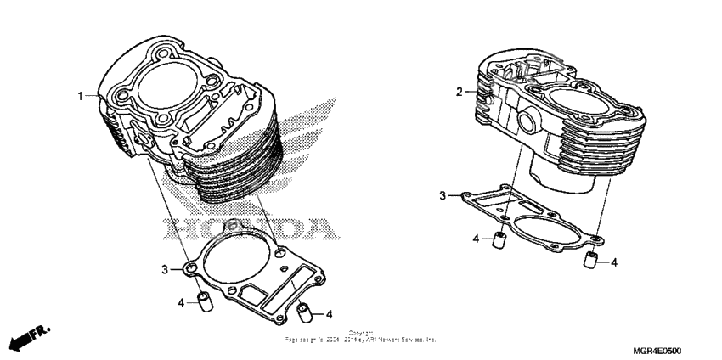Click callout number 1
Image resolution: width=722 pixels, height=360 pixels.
coord(82,96)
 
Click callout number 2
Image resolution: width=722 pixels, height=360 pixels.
coord(459,92)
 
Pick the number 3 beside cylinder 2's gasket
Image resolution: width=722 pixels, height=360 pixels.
coord(442,196)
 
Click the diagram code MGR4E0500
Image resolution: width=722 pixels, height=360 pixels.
coord(657,351)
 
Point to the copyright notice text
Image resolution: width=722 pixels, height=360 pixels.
coord(360,337)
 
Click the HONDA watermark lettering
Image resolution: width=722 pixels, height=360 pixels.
coord(246,228)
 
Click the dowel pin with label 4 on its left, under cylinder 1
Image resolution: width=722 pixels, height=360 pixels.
coord(204,302)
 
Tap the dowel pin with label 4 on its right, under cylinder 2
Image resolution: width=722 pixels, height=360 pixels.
coord(588,261)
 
